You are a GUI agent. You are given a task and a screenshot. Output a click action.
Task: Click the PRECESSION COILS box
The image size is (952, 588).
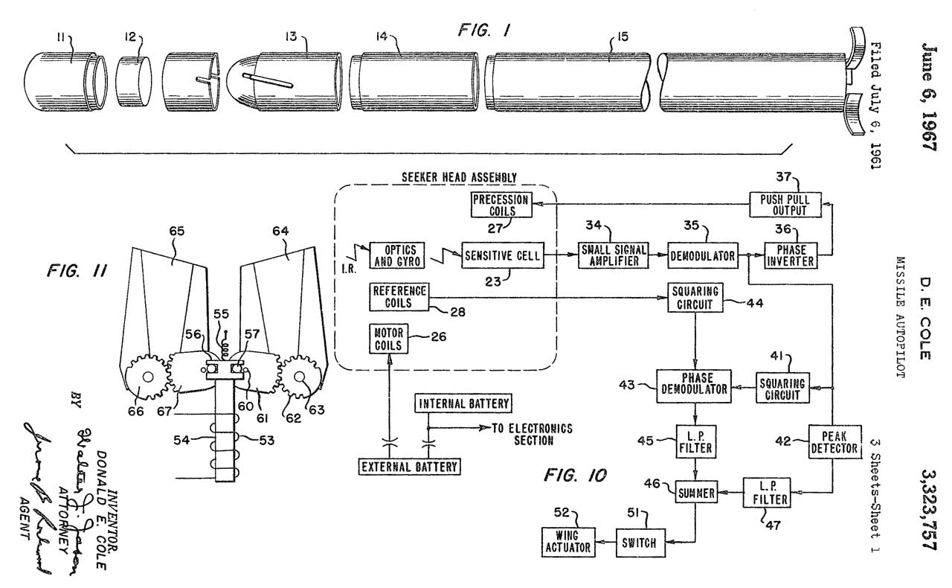coord(501,205)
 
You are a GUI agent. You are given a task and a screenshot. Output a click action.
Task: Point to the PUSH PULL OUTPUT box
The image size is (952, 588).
coord(779,205)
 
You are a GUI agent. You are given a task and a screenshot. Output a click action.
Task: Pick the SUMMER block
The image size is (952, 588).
coord(695,492)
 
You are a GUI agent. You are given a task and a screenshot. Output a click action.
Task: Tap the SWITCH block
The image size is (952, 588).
coord(639,543)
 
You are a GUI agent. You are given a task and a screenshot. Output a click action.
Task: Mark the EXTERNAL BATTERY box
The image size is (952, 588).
coord(408,467)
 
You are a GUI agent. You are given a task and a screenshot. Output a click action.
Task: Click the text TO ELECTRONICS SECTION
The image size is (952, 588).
coord(532,435)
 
